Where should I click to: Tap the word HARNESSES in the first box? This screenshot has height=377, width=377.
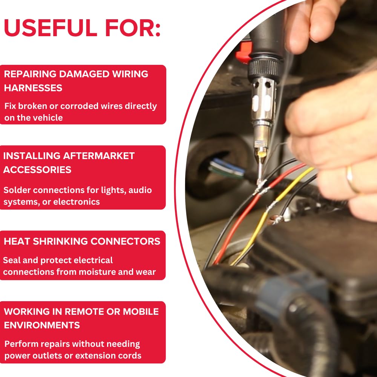coord(33,88)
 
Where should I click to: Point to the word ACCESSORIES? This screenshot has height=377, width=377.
coord(37,170)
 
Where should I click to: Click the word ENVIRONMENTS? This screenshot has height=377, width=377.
coord(42,325)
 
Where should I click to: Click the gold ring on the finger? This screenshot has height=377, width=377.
coord(351,179)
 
